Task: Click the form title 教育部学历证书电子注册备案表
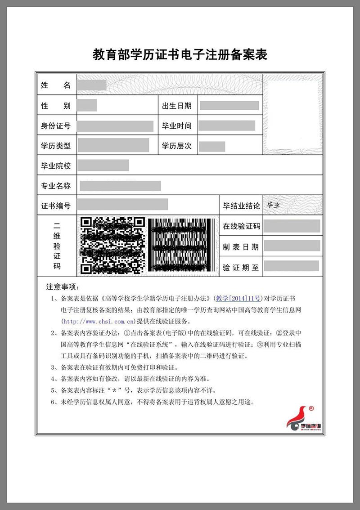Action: pyautogui.click(x=180, y=55)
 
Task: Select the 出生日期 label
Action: pyautogui.click(x=177, y=106)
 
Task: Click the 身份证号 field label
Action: pyautogui.click(x=56, y=126)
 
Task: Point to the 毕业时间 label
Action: pyautogui.click(x=177, y=126)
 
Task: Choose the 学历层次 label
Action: pyautogui.click(x=177, y=146)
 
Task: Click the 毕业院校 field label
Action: pyautogui.click(x=56, y=166)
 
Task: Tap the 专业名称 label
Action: pyautogui.click(x=56, y=186)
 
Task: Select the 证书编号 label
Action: pyautogui.click(x=56, y=206)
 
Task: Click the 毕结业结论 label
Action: pyautogui.click(x=241, y=206)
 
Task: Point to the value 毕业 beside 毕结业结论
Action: pyautogui.click(x=273, y=205)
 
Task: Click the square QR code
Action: pyautogui.click(x=112, y=246)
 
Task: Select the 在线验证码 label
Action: pyautogui.click(x=241, y=226)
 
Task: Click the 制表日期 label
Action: pyautogui.click(x=241, y=246)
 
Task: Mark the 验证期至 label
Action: pyautogui.click(x=241, y=267)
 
